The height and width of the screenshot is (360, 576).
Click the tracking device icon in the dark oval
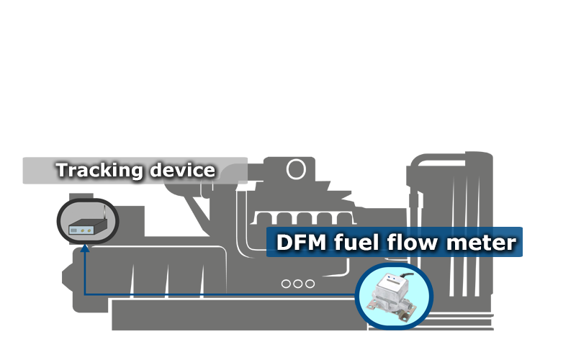[86, 222]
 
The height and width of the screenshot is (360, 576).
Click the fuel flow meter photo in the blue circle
[393, 294]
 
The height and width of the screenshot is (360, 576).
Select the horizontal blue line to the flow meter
[216, 294]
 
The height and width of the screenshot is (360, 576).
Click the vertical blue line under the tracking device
[85, 274]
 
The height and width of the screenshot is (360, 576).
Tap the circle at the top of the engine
[295, 169]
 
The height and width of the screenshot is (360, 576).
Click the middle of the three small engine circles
[297, 283]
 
